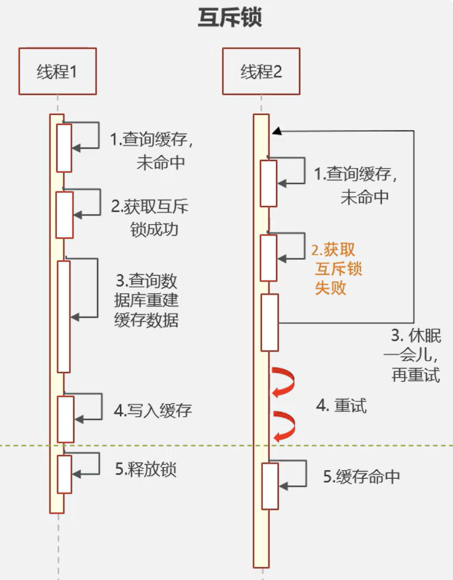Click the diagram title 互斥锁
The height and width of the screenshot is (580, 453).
click(230, 17)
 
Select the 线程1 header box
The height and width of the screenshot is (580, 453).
click(58, 71)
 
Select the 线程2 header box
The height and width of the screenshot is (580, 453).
click(261, 71)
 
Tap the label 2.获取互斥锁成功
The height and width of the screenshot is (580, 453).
click(150, 218)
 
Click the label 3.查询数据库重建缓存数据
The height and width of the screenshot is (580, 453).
click(146, 301)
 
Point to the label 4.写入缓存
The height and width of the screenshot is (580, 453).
click(153, 410)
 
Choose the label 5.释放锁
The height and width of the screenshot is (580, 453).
click(146, 469)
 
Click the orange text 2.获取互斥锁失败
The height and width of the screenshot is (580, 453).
click(336, 269)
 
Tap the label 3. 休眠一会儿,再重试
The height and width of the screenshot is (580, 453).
click(413, 355)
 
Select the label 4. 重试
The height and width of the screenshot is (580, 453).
click(342, 406)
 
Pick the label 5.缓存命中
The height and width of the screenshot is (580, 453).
click(361, 477)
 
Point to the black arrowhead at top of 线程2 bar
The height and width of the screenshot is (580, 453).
click(277, 131)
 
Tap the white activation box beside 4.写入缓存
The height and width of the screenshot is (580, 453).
click(66, 419)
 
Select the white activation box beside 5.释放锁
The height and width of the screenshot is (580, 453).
click(64, 474)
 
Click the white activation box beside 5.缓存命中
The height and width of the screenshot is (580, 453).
click(270, 486)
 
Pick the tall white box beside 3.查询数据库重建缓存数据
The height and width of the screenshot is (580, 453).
click(63, 317)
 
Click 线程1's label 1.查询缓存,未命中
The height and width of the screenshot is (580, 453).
click(151, 151)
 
